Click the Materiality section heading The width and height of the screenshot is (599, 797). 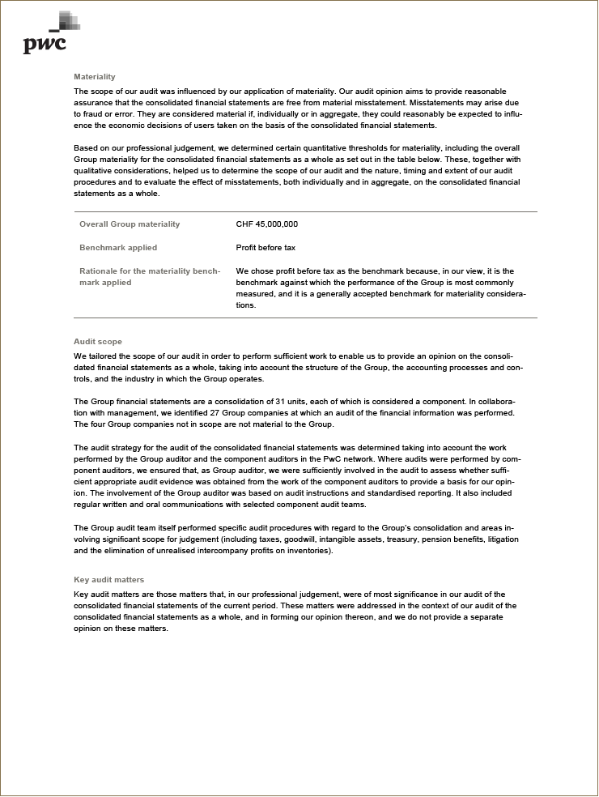pos(95,77)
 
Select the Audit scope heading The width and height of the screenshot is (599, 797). pos(98,342)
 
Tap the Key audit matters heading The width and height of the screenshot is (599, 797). pos(108,580)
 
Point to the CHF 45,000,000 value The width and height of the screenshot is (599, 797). pos(267,224)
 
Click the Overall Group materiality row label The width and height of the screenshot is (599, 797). pos(130,224)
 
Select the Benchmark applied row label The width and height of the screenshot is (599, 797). pos(118,248)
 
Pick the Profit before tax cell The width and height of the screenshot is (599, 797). pos(266,248)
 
